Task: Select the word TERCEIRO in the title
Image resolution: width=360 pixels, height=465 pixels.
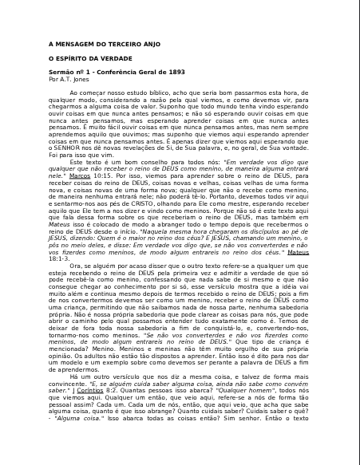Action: (117, 44)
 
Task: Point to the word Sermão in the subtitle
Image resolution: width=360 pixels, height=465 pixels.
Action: (61, 73)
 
